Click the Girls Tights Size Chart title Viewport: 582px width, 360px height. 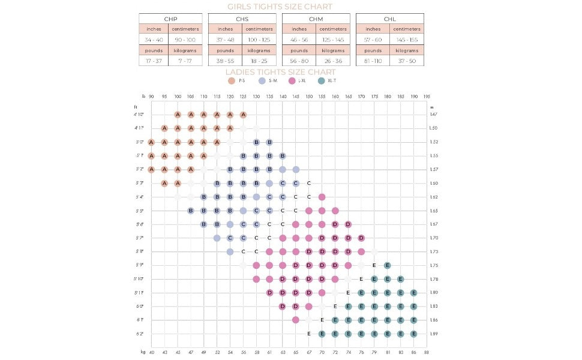[280, 7]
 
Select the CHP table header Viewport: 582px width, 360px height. [170, 19]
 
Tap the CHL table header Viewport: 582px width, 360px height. [389, 19]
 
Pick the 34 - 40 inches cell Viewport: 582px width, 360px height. [154, 40]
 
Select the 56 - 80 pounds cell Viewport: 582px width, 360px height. [299, 61]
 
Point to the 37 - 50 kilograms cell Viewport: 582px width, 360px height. [407, 61]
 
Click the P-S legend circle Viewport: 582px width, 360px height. [232, 81]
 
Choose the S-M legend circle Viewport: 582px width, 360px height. [262, 81]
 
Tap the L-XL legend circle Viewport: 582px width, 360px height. [292, 81]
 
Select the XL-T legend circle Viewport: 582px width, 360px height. [322, 81]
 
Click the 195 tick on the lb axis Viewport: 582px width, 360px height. [427, 96]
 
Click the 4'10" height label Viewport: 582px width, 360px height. [139, 115]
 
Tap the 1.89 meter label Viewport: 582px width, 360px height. [434, 334]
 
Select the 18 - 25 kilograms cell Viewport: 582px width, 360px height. [259, 61]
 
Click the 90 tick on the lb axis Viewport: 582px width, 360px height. [151, 96]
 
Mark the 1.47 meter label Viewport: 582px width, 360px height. [434, 115]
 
